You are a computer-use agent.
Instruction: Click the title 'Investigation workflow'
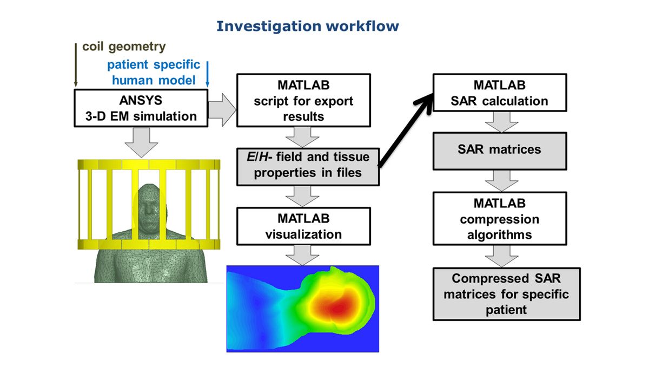click(x=307, y=25)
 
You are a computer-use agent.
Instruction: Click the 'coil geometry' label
click(x=124, y=46)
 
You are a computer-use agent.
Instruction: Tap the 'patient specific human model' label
click(x=154, y=73)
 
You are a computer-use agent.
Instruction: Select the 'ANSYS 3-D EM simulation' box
click(x=141, y=108)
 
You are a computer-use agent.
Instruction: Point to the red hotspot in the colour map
click(x=338, y=307)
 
